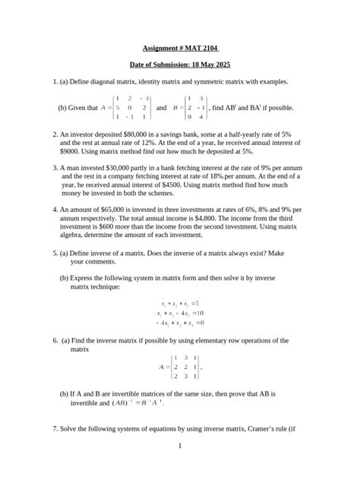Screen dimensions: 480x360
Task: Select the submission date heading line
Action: (179, 66)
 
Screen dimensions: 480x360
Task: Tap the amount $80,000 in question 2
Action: (144, 132)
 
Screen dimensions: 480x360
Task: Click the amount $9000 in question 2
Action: (70, 150)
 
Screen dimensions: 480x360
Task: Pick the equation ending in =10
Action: (179, 312)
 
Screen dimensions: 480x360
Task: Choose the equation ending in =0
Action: (179, 322)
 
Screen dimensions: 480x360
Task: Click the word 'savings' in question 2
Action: (171, 132)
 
